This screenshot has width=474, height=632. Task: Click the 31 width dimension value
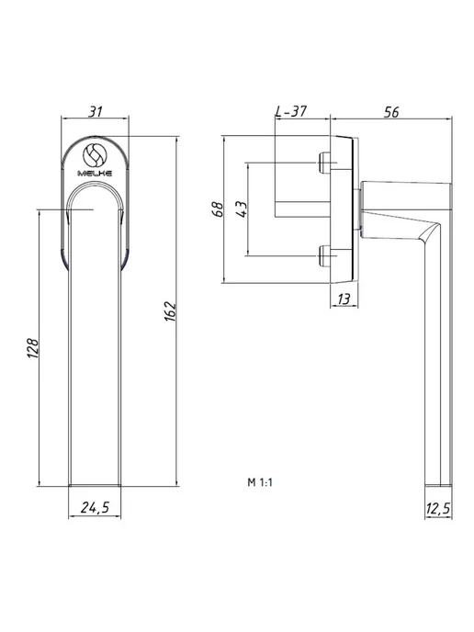pos(96,111)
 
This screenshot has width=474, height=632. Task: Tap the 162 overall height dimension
pos(171,311)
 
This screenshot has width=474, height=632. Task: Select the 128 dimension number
pos(33,348)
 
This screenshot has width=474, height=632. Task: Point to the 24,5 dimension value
pos(96,507)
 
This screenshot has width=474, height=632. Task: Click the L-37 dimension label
pos(291,111)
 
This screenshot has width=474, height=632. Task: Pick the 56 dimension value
pos(391,112)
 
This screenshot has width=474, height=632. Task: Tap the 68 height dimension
pos(218,209)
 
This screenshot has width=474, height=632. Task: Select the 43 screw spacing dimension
pos(242,209)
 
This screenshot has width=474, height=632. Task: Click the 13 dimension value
pos(344,299)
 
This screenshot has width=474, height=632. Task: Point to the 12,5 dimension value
pos(438,509)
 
